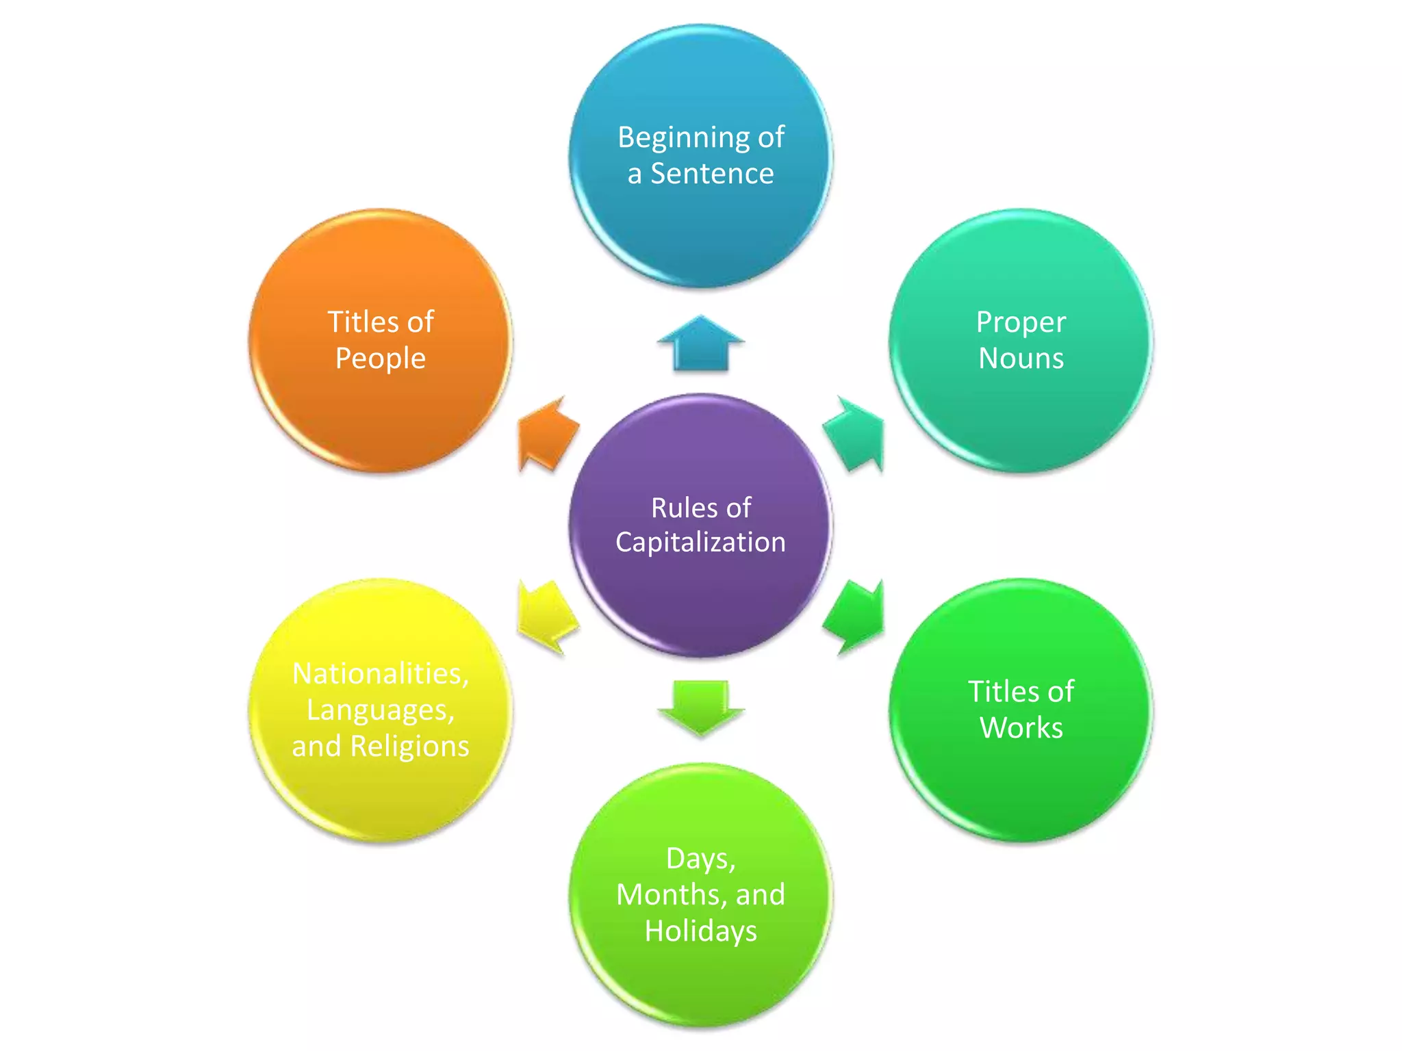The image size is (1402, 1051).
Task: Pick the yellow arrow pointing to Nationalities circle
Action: [546, 616]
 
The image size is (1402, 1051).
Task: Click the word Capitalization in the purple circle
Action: [700, 542]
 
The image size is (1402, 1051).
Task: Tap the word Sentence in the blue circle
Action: [712, 174]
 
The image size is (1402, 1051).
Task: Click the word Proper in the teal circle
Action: [1021, 322]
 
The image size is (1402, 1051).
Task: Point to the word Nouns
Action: [1021, 359]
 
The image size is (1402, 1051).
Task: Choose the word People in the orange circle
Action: [381, 359]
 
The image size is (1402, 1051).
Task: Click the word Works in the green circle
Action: [1021, 727]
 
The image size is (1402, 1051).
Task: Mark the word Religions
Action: [409, 746]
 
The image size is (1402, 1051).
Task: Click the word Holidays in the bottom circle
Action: [700, 931]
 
